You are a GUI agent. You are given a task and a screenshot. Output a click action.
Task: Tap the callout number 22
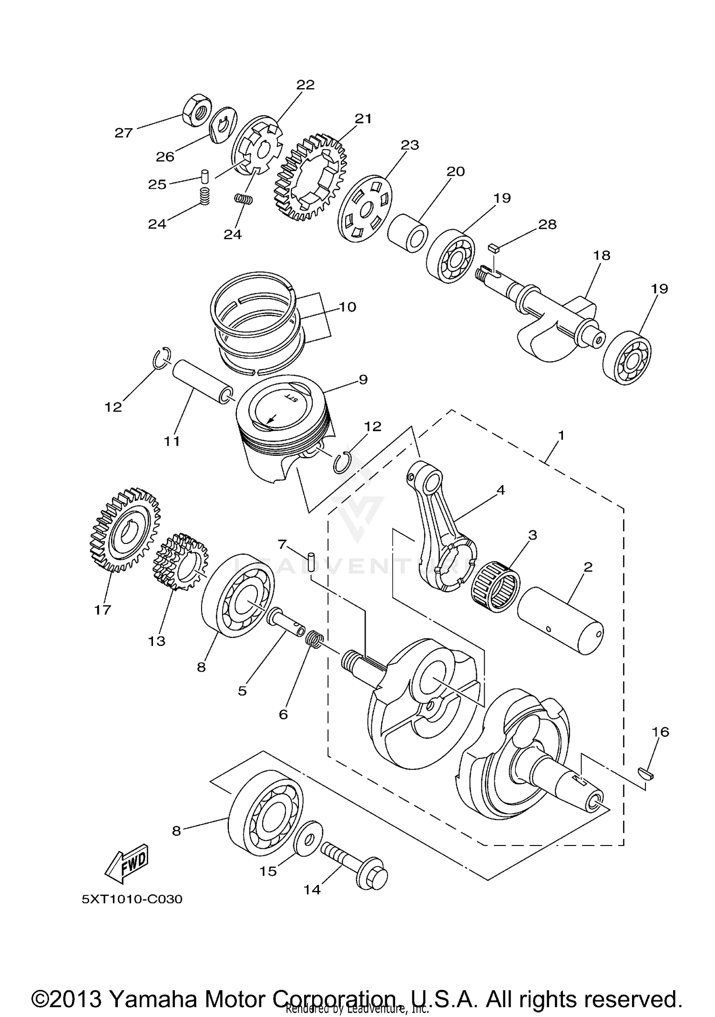[x=306, y=85]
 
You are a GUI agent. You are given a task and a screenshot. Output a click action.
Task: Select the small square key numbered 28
[x=493, y=247]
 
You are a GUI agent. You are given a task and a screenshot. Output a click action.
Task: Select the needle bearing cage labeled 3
[x=495, y=586]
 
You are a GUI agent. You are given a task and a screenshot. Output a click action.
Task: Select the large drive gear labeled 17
[x=125, y=529]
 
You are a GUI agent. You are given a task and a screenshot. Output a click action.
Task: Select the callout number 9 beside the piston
[x=363, y=379]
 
